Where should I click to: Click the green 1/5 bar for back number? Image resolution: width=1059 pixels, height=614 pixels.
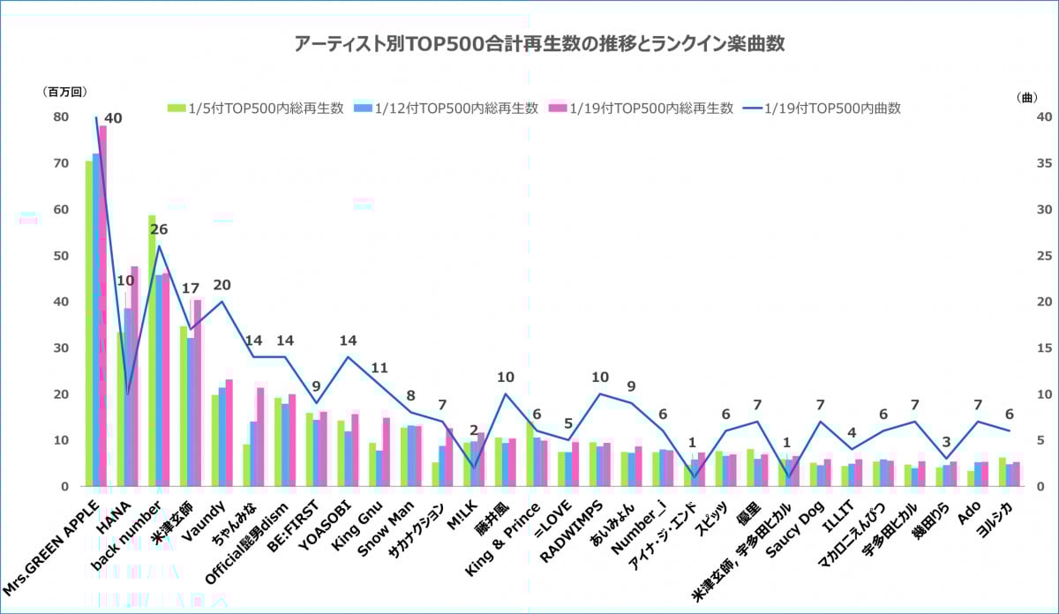click(152, 353)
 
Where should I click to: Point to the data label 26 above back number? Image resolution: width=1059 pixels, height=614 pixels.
click(159, 229)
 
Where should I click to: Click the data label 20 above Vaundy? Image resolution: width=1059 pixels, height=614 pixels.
click(222, 285)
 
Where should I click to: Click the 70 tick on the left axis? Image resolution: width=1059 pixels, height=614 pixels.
click(61, 163)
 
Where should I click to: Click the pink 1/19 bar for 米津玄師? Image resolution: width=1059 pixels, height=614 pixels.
click(197, 393)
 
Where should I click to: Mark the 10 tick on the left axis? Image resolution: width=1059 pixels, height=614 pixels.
click(61, 440)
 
